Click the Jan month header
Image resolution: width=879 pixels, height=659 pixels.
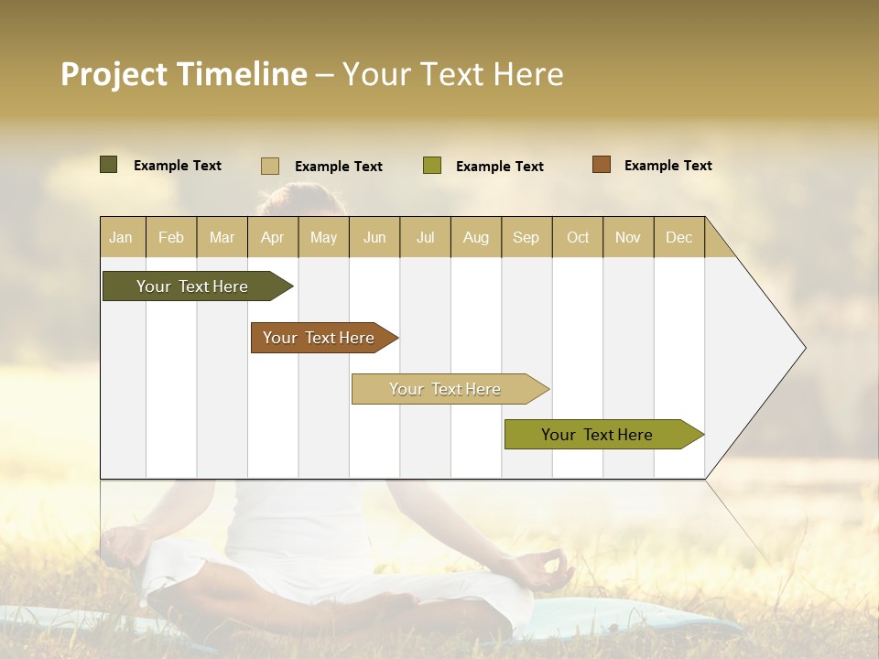pos(122,237)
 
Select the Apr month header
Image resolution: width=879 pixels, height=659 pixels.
pos(273,237)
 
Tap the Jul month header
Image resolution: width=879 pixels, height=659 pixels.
pos(425,237)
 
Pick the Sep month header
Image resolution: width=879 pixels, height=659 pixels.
pos(526,237)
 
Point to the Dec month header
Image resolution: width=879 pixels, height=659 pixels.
pos(678,237)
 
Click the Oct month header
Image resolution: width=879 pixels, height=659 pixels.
pos(577,237)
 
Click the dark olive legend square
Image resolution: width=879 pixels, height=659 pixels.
pos(108,165)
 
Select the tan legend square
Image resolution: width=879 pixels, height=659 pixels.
pos(270,166)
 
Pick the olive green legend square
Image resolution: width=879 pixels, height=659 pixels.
pos(432,166)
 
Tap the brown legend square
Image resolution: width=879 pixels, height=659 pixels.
pos(602,165)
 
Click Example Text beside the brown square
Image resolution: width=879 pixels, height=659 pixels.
pos(667,166)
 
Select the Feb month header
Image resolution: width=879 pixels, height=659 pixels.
pos(171,237)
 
